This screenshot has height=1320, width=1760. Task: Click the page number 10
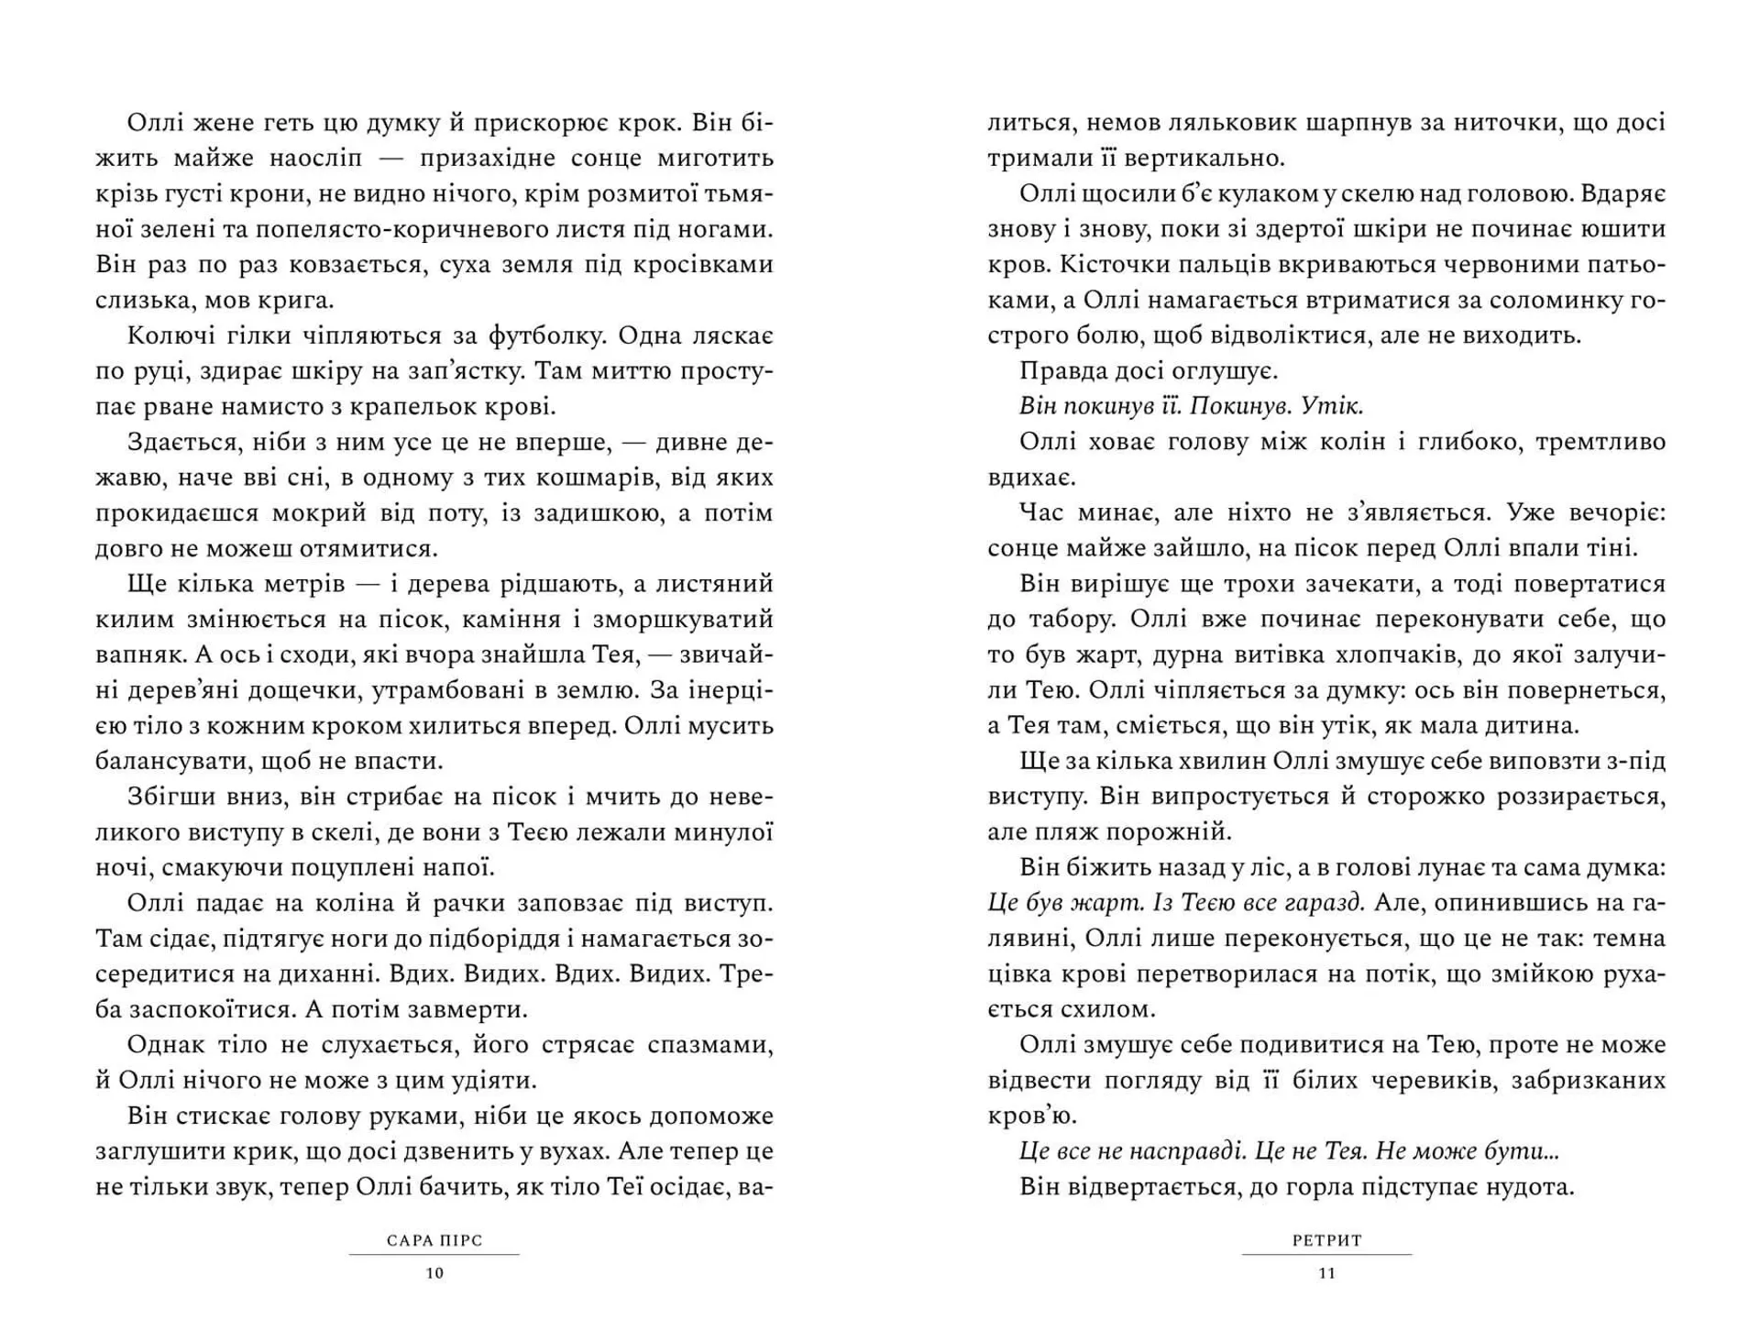(x=434, y=1273)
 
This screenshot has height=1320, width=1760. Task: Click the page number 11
(x=1326, y=1273)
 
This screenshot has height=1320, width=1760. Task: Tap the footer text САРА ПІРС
(x=434, y=1241)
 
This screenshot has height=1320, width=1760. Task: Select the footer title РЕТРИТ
(x=1326, y=1241)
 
